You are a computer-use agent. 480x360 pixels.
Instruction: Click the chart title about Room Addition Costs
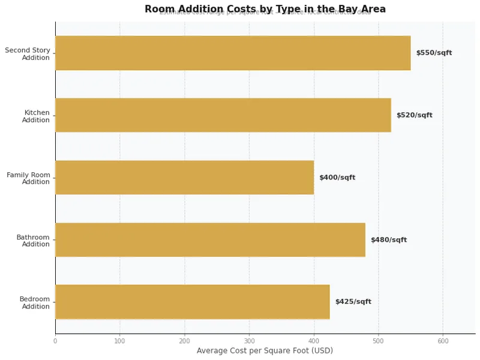tap(265, 9)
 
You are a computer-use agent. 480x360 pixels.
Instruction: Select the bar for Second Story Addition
tap(233, 53)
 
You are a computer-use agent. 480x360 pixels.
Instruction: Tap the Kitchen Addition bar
tap(223, 115)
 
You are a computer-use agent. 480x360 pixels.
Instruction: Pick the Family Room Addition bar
tap(184, 178)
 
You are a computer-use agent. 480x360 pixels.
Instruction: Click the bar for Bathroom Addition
tap(210, 240)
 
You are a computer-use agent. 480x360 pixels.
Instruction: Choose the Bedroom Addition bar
tap(193, 302)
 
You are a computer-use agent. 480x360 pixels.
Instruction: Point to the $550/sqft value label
tap(434, 53)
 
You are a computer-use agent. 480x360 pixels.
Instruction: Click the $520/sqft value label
tap(414, 115)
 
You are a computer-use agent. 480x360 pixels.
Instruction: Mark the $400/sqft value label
tap(337, 178)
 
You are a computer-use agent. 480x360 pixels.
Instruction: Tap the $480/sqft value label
tap(389, 240)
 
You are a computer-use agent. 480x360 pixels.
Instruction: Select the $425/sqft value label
tap(353, 302)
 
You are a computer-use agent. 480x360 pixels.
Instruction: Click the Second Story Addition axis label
tap(28, 54)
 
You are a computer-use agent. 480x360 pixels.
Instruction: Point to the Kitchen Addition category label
tap(36, 116)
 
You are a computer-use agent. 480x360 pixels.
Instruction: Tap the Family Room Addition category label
tap(28, 178)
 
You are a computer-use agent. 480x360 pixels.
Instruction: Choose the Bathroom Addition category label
tap(33, 241)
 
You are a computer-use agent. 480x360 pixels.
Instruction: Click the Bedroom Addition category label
tap(34, 302)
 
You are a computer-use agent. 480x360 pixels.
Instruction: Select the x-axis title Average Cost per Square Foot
tap(265, 351)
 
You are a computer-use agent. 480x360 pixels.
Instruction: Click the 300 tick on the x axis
tap(249, 341)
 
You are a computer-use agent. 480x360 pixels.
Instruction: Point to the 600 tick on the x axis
tap(443, 341)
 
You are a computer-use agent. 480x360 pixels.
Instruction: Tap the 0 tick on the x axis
tap(55, 341)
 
